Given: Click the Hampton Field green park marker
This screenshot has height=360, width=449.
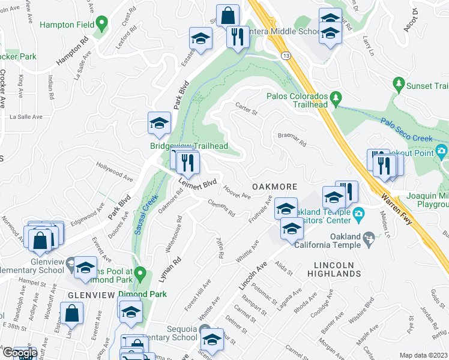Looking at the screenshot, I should [101, 24].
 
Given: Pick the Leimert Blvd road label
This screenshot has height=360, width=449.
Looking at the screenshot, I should [196, 182].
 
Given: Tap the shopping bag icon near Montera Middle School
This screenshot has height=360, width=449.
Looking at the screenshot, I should [228, 16].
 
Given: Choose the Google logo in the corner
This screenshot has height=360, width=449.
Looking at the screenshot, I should [19, 353].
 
